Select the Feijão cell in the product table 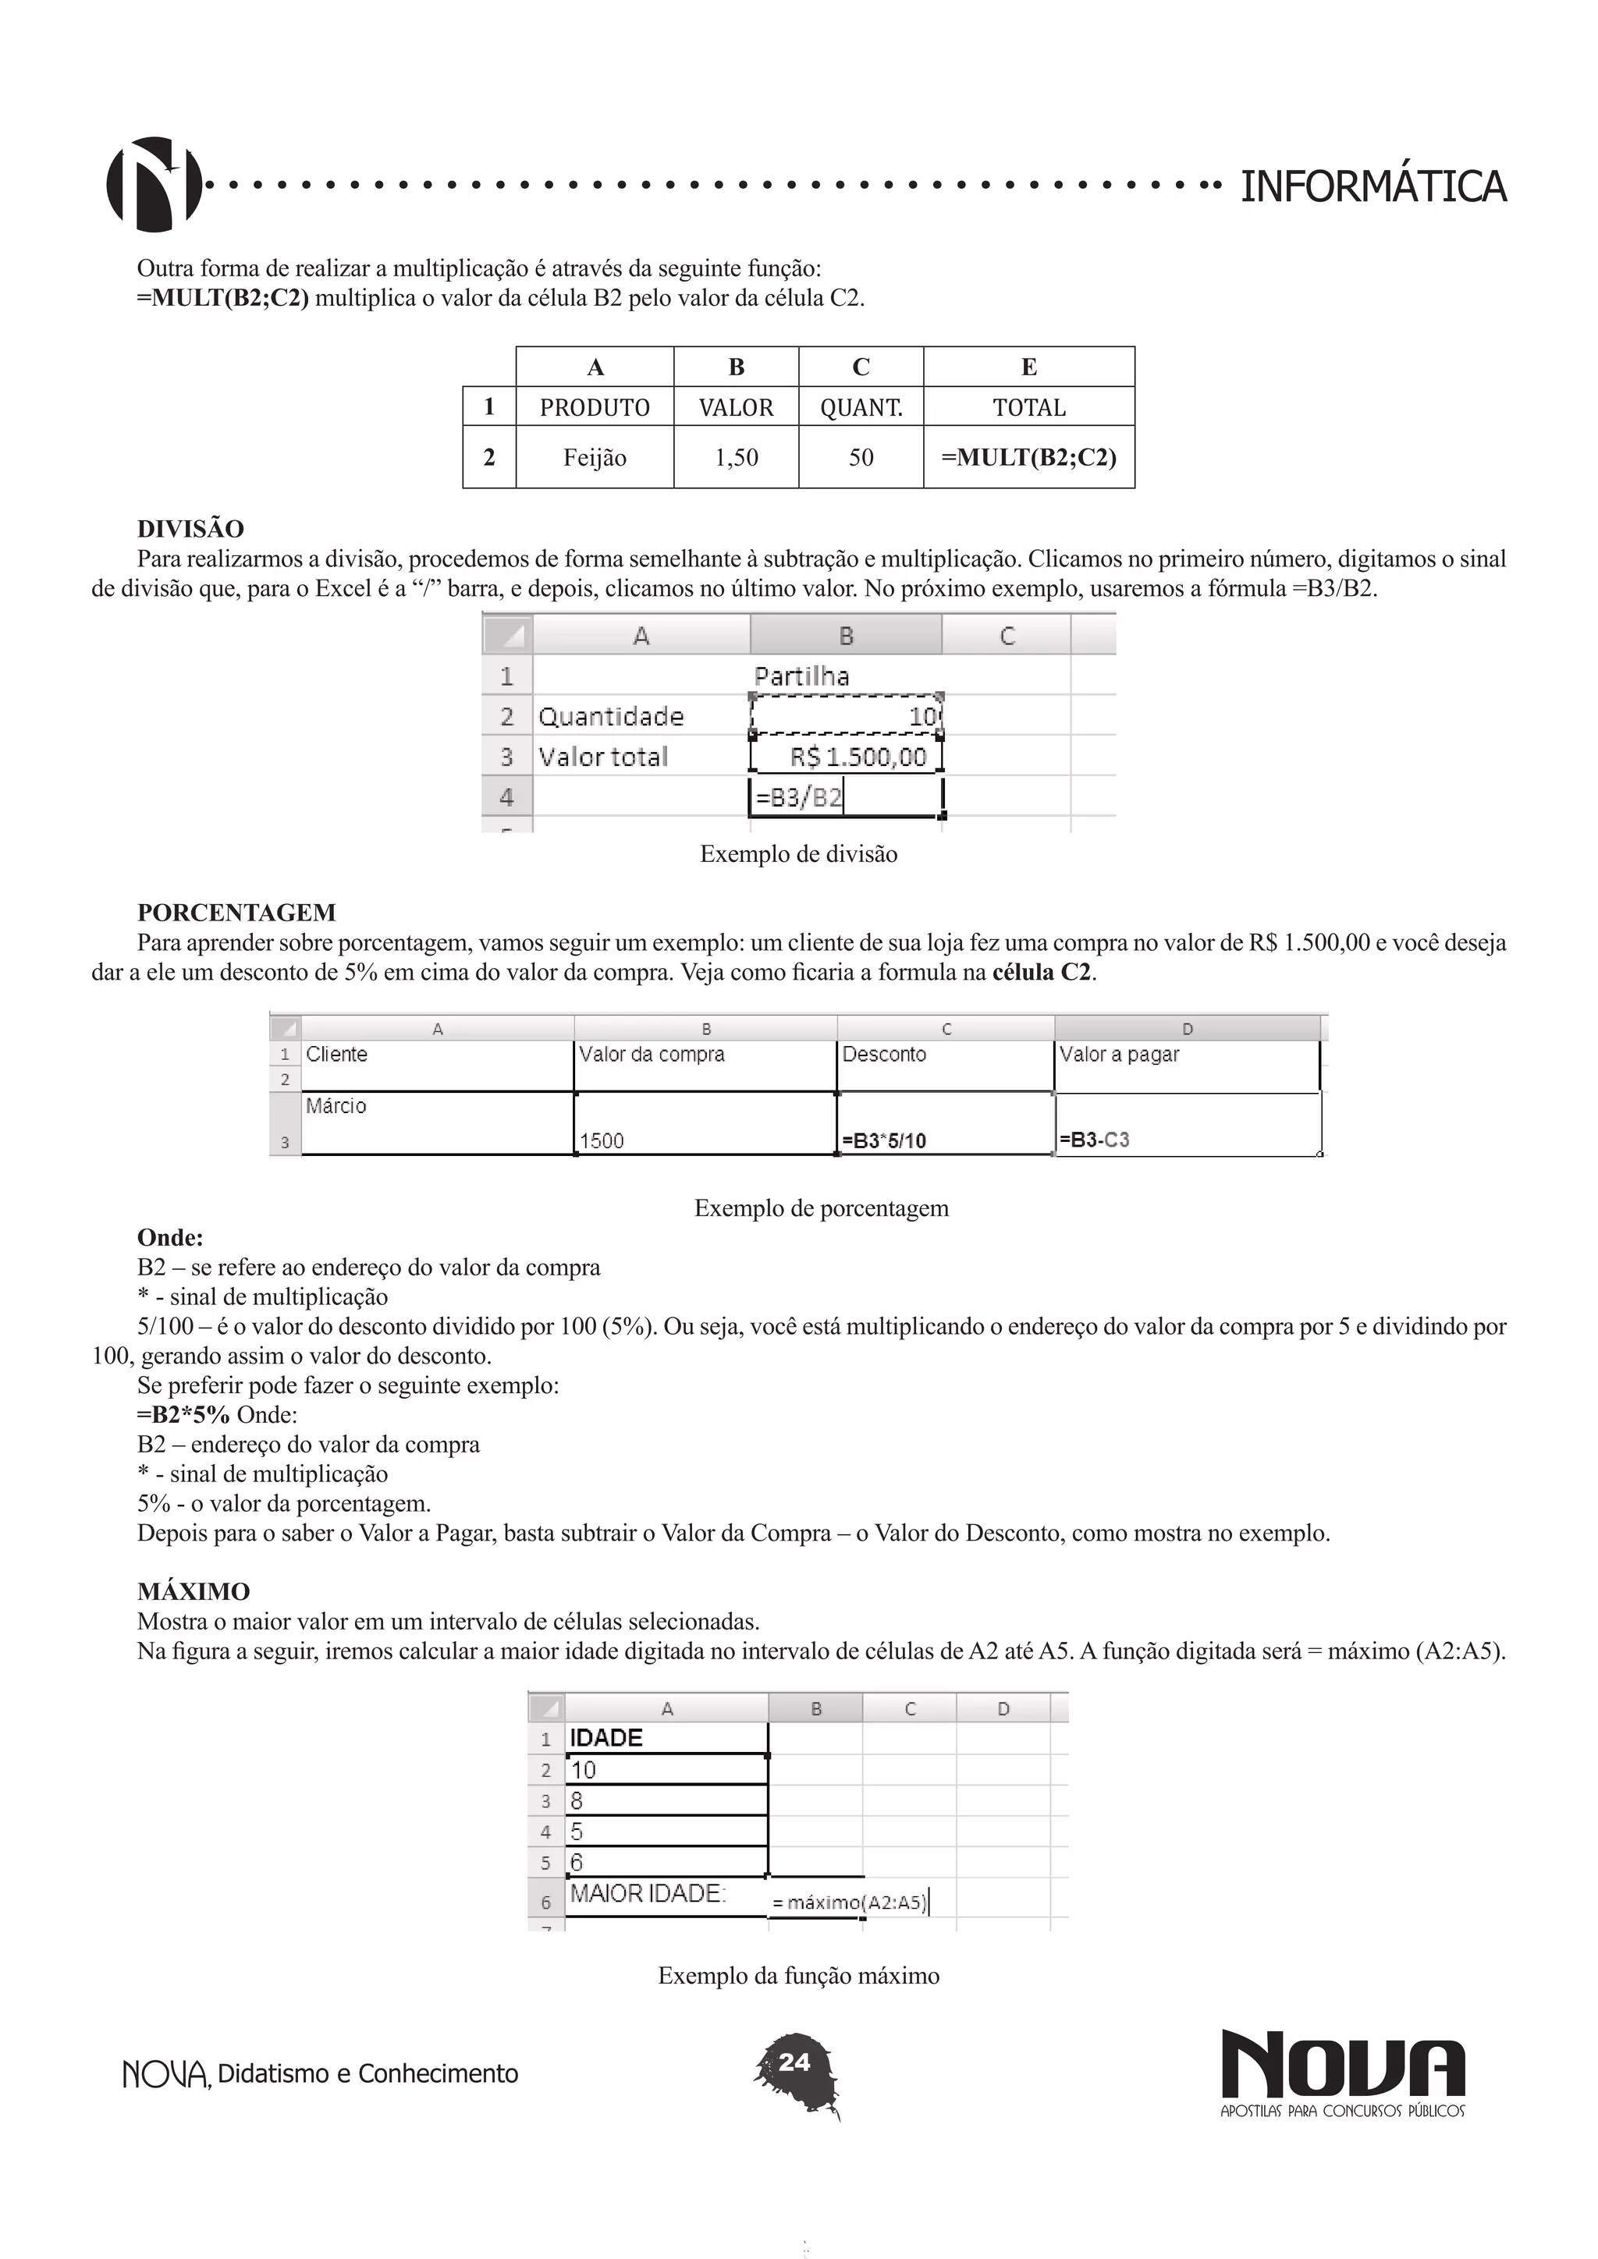pos(595,458)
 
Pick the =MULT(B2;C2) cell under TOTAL pos(1028,458)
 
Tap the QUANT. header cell pos(861,407)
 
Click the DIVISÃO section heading pos(190,530)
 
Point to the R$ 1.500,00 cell pos(857,757)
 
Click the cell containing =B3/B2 pos(799,797)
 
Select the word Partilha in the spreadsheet pos(801,676)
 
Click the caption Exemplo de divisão pos(798,854)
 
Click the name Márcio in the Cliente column pos(336,1106)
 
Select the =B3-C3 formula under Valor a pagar pos(1093,1140)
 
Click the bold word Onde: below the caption pos(170,1238)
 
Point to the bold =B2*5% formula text pos(183,1415)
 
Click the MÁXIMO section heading pos(193,1592)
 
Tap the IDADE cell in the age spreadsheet pos(606,1737)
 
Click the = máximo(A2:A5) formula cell pos(848,1902)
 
